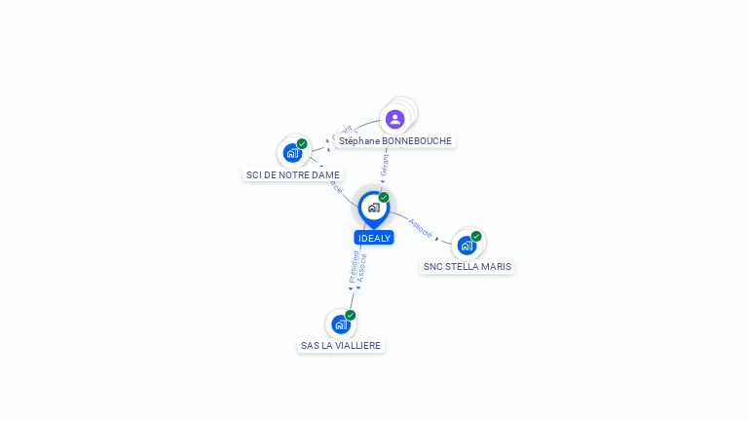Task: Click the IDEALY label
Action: coord(374,238)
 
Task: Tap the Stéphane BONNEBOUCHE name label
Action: coord(395,141)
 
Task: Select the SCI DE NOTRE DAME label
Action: coord(293,175)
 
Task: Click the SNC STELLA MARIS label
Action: coord(467,266)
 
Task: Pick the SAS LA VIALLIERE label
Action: coord(341,346)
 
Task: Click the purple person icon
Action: coord(394,119)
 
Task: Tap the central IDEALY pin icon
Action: coord(373,208)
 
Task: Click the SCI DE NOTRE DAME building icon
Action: coord(291,153)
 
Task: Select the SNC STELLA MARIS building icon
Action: coord(467,245)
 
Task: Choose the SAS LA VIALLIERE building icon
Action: coord(340,325)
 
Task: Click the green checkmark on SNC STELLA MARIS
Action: coord(476,236)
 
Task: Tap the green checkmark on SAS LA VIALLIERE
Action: coord(351,315)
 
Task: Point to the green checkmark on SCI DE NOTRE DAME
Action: coord(302,143)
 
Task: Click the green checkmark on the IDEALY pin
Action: coord(384,197)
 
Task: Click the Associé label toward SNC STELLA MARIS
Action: coord(421,228)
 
